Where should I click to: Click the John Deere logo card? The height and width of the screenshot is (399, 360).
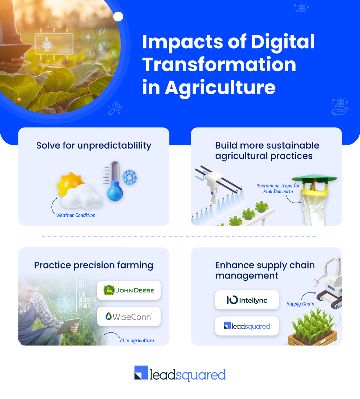[129, 290]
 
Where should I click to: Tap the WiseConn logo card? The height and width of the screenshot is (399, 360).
[129, 317]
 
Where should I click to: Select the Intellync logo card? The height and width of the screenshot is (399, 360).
[247, 300]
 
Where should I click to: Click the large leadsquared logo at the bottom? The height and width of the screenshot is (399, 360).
[180, 374]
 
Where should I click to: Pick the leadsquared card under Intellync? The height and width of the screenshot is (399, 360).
[247, 326]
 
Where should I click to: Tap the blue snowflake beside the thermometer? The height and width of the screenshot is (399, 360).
[129, 177]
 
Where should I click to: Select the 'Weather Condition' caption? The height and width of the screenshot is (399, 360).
[76, 216]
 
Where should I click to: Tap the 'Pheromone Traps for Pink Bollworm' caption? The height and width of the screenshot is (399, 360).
[278, 189]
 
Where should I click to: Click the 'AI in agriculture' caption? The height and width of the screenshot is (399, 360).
[137, 340]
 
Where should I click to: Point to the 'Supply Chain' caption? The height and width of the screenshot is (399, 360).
[300, 304]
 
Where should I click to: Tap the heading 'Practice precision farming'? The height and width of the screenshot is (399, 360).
[94, 266]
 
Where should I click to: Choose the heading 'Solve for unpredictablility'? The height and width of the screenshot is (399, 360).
[94, 146]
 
